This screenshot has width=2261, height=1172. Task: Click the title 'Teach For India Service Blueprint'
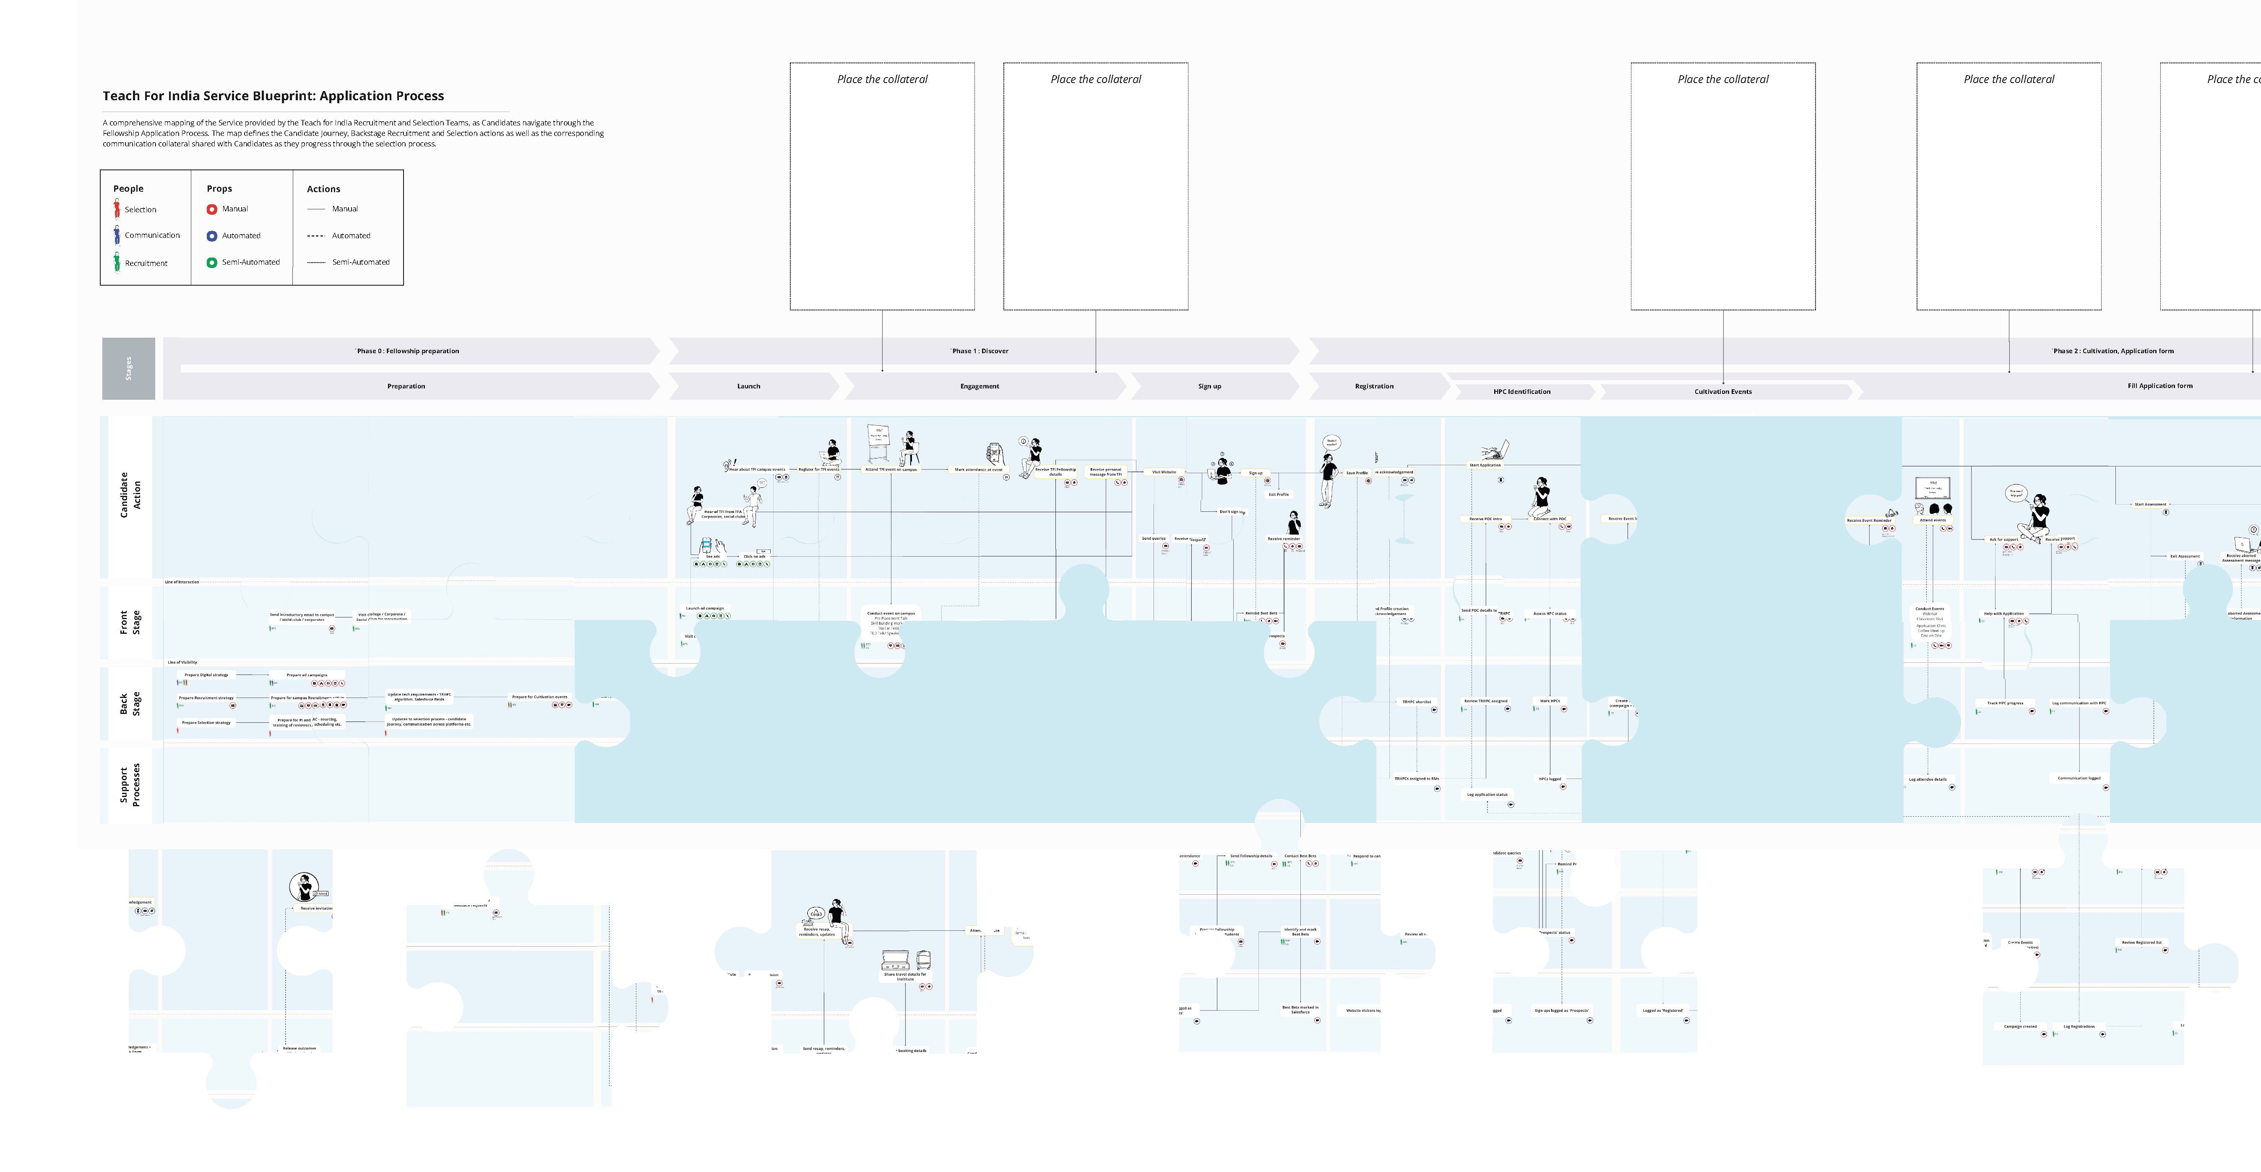pos(273,96)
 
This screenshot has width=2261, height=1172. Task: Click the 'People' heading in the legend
pos(128,189)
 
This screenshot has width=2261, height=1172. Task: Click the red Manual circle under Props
pos(211,209)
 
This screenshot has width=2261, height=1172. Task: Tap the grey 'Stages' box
pos(128,369)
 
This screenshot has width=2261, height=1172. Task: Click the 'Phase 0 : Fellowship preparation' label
pos(407,351)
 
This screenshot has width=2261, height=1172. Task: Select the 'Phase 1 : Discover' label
pos(979,351)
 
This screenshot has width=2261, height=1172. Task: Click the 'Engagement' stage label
pos(979,386)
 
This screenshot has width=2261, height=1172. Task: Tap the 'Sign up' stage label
pos(1209,386)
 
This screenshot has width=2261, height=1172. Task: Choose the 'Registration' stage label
pos(1374,386)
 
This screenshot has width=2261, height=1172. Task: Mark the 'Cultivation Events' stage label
pos(1722,391)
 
